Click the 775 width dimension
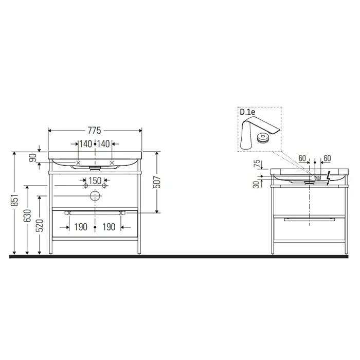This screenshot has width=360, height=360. click(x=94, y=131)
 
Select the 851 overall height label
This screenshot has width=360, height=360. click(x=15, y=200)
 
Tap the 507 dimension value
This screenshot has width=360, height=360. click(x=157, y=182)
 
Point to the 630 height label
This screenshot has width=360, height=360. click(x=28, y=215)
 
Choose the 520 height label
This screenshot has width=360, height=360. click(x=40, y=225)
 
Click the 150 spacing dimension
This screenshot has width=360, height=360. click(x=95, y=181)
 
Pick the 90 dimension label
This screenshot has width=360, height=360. click(x=33, y=157)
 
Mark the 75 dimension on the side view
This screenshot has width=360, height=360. click(x=258, y=164)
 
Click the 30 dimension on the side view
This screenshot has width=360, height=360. click(x=256, y=184)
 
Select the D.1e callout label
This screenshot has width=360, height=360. click(x=247, y=112)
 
